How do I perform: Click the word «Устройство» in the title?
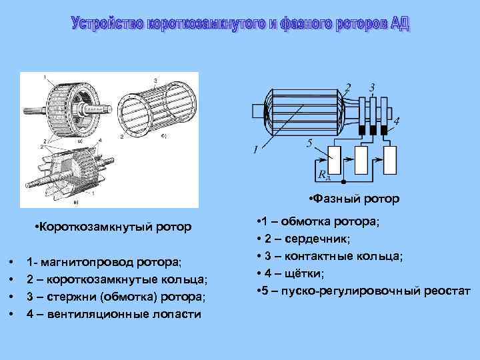coord(107,25)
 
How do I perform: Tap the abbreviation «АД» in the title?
coord(400,25)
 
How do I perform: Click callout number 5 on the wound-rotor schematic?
coord(308,143)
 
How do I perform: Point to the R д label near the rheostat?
coord(325,176)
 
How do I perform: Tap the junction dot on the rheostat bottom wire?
coord(343,181)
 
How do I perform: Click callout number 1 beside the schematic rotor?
coord(255,151)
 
